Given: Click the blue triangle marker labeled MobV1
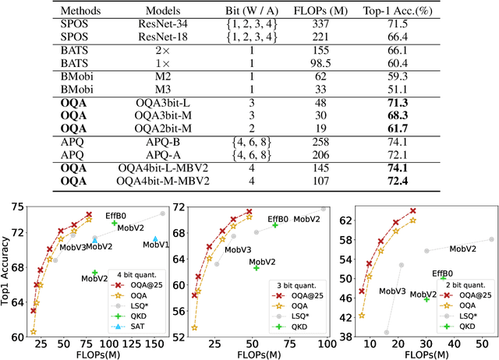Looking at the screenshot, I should click(154, 240).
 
